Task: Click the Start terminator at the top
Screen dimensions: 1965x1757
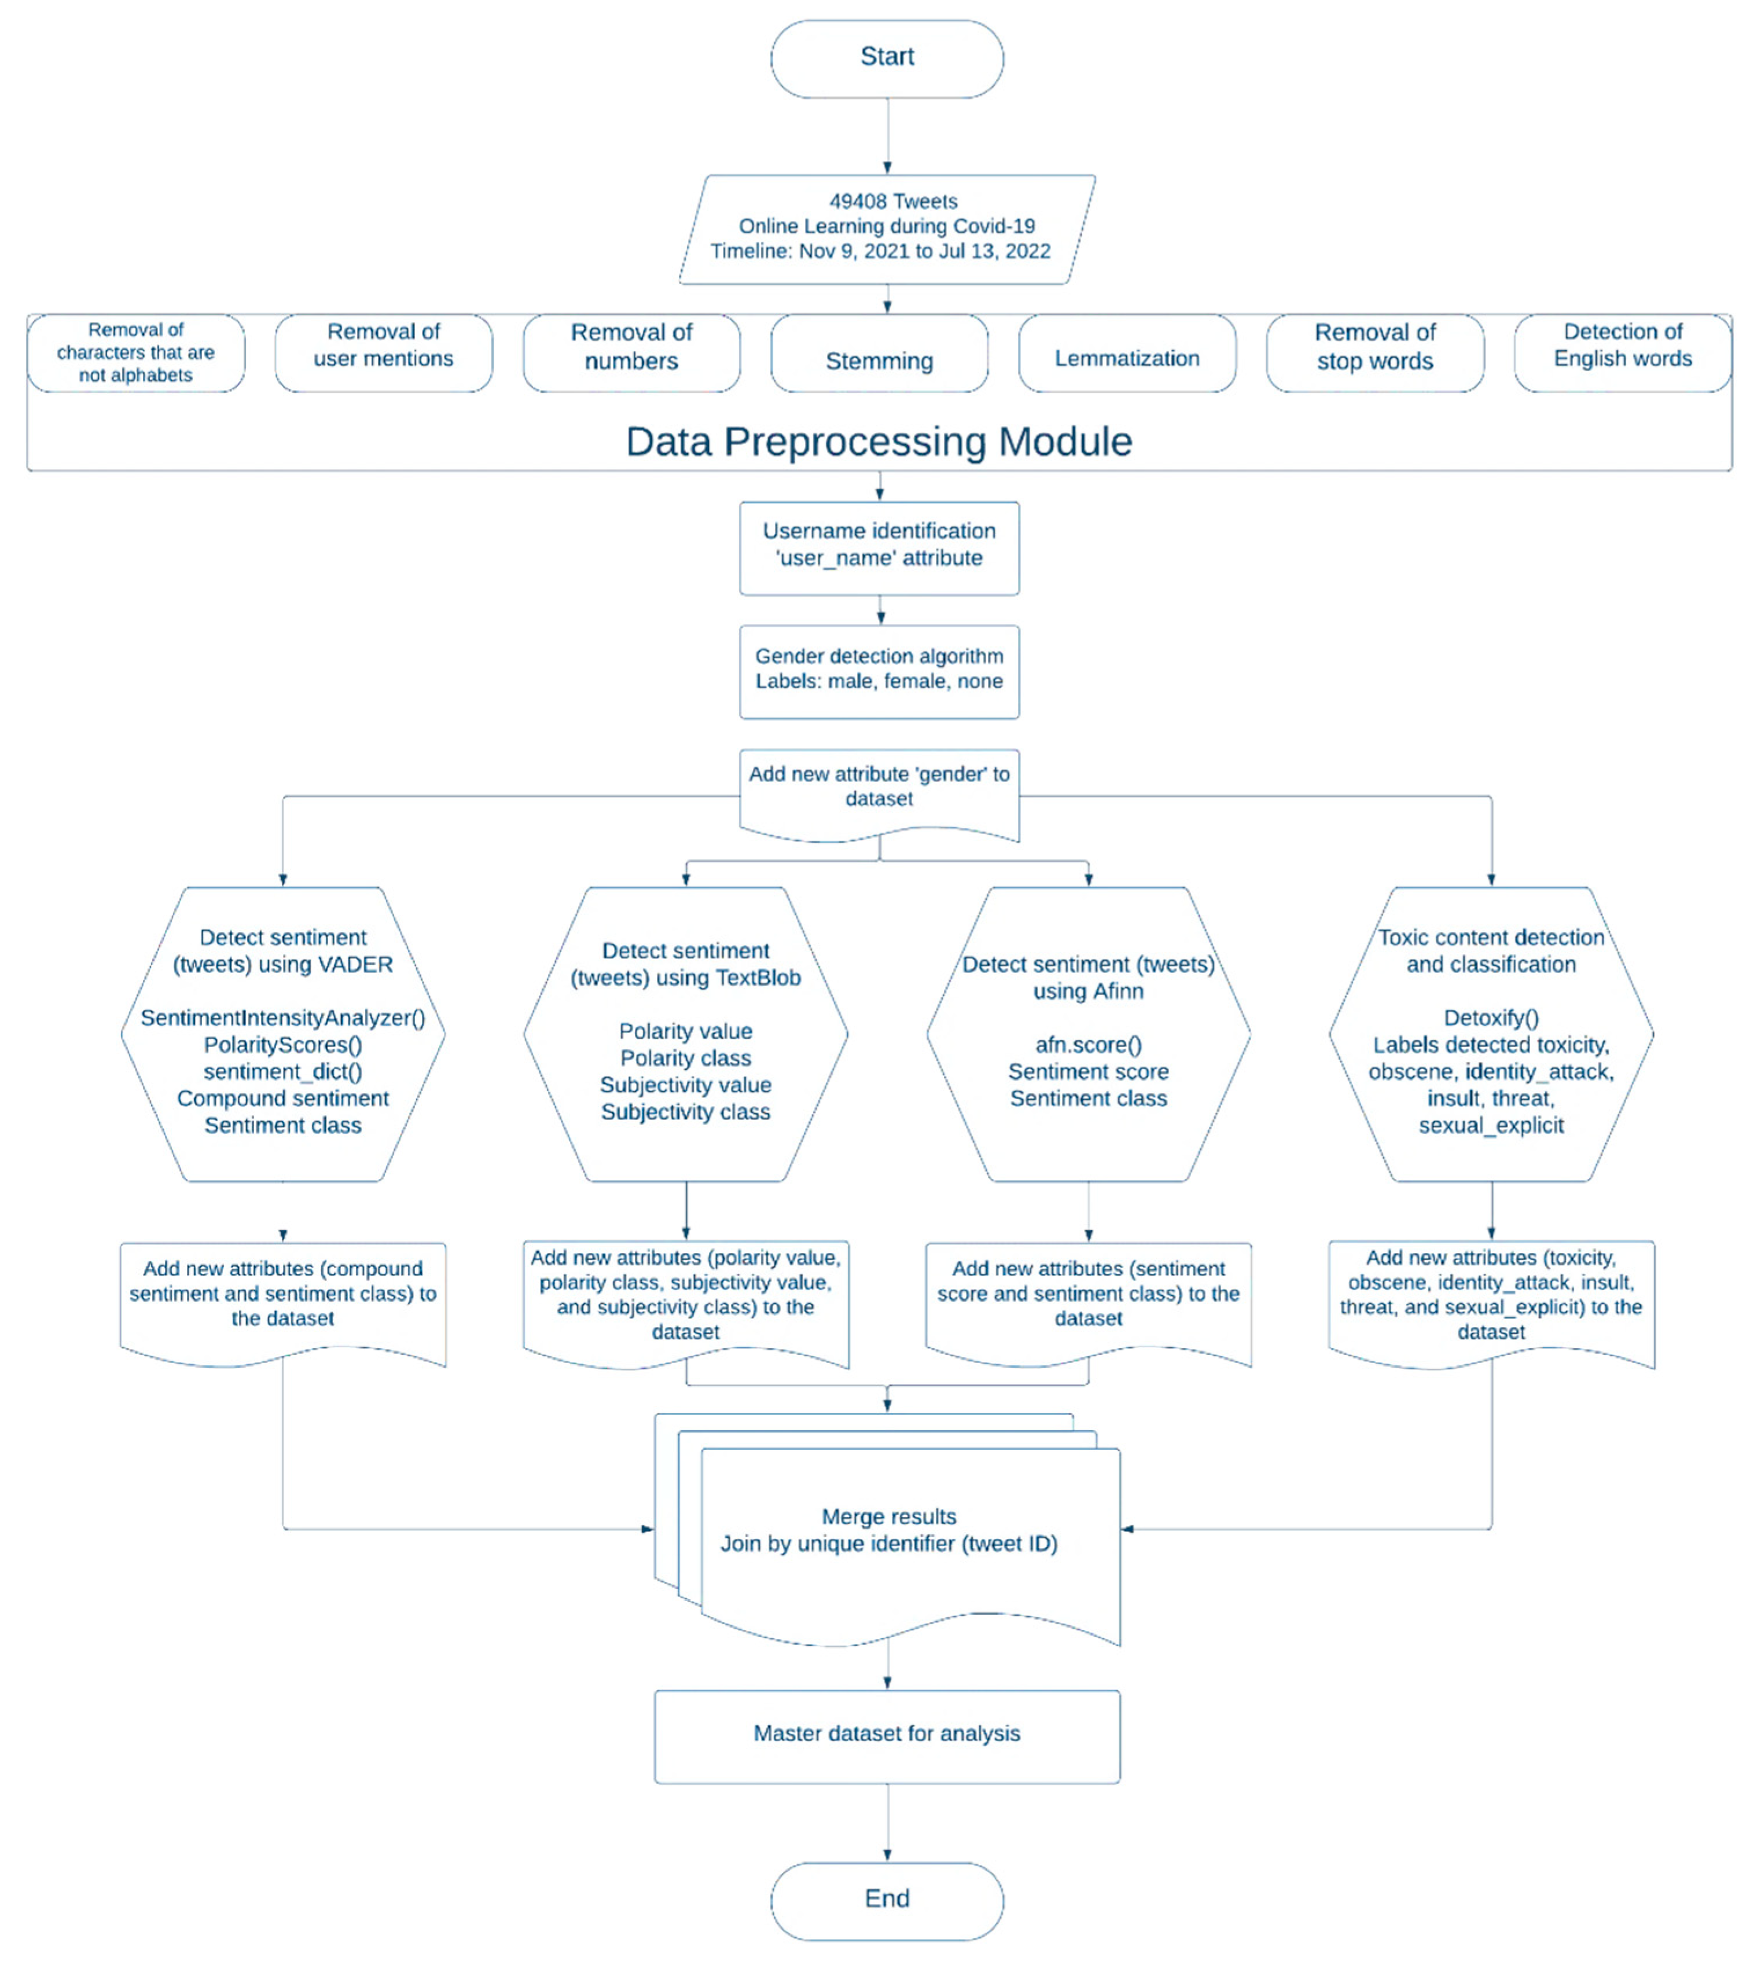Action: (x=886, y=58)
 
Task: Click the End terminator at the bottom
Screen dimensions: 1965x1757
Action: (x=886, y=1900)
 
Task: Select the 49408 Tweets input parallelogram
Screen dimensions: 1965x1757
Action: (x=886, y=228)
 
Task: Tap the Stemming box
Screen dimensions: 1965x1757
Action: (x=878, y=354)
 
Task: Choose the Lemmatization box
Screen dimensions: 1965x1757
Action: (x=1127, y=354)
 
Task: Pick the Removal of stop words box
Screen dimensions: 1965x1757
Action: (x=1374, y=354)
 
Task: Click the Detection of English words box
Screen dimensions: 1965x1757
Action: (x=1622, y=354)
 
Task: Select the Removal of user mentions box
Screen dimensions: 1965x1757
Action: (x=383, y=354)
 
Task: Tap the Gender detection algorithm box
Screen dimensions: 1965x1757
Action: (x=878, y=670)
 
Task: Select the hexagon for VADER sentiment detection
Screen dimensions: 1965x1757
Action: (x=283, y=1033)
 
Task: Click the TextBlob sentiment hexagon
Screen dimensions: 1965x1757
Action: (x=685, y=1033)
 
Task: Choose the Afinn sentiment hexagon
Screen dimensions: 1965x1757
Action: (x=1088, y=1033)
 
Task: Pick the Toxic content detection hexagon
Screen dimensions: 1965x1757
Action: (x=1491, y=1033)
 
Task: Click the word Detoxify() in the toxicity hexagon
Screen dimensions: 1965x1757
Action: (x=1491, y=1018)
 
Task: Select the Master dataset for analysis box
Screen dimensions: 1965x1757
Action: (x=886, y=1735)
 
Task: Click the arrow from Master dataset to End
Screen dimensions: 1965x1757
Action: (x=887, y=1821)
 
